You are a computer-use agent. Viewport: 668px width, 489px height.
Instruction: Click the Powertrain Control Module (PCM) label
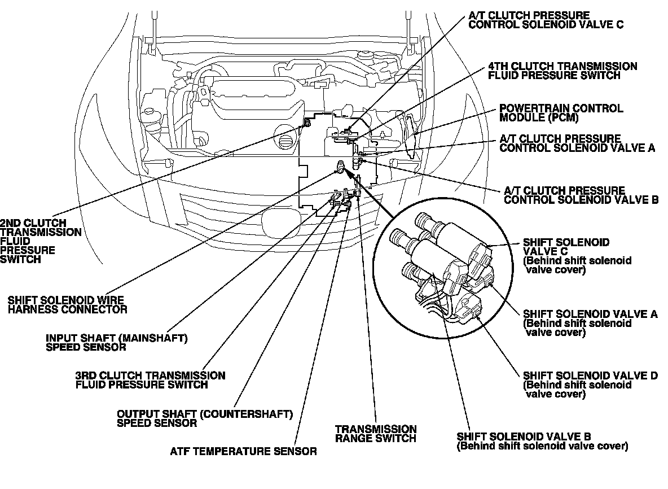click(x=561, y=112)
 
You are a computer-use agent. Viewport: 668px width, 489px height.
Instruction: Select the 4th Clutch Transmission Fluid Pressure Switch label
click(x=563, y=71)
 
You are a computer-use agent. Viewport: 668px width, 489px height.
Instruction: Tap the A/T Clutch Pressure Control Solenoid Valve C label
click(x=546, y=20)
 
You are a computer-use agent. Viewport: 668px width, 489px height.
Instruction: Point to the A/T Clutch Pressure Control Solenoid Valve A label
click(x=577, y=143)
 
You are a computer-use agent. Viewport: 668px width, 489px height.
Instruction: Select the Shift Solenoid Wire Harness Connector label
click(x=67, y=304)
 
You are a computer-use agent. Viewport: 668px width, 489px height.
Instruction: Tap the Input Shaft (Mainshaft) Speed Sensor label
click(x=116, y=342)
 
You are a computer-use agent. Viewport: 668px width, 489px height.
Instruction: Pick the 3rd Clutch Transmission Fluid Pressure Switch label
click(x=150, y=380)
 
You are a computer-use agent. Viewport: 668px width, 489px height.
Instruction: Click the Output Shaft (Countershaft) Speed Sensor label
click(x=205, y=418)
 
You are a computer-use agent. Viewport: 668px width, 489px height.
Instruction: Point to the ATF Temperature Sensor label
click(x=243, y=451)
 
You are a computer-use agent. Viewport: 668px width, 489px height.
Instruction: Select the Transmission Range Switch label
click(x=376, y=433)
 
